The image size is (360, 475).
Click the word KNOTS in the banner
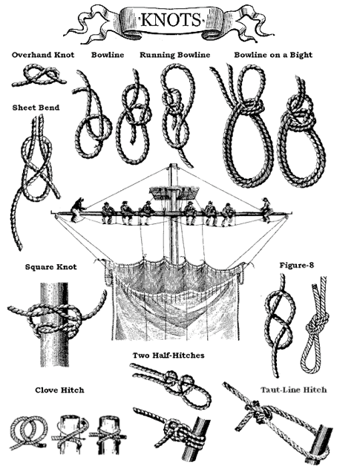click(x=171, y=20)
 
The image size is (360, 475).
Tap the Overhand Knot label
click(x=43, y=55)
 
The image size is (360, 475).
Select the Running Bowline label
click(x=175, y=55)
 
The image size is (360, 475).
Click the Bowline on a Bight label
click(x=273, y=55)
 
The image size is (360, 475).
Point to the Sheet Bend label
click(x=36, y=108)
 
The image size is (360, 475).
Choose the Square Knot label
click(x=51, y=267)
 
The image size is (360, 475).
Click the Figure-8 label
click(x=297, y=266)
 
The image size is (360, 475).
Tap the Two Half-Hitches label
click(x=168, y=355)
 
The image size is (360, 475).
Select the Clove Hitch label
click(x=59, y=390)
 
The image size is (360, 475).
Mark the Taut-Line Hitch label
click(x=294, y=390)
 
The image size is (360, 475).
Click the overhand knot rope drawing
click(x=39, y=76)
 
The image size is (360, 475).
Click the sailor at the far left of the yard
click(x=77, y=210)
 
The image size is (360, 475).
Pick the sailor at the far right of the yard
click(x=266, y=209)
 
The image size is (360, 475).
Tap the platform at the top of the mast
click(x=174, y=193)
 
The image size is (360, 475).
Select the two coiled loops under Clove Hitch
click(x=28, y=432)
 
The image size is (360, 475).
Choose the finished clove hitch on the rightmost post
click(x=108, y=436)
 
